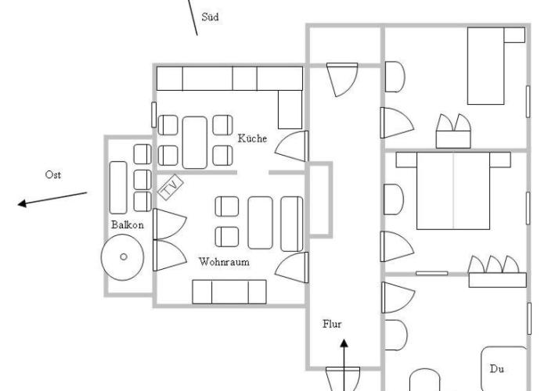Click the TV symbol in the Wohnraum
pos(170,187)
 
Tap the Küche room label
pos(252,138)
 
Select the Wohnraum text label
pos(224,262)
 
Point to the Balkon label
pos(128,225)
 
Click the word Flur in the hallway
pos(332,324)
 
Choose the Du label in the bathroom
pos(496,368)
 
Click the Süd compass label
pos(210,16)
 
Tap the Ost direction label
pos(52,174)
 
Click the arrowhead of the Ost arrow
pos(22,203)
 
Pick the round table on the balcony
pos(122,257)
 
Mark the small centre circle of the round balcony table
pos(124,257)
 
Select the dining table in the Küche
pos(195,142)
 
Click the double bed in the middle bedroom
pos(453,191)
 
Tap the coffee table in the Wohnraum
pos(261,223)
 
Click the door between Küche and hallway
pos(292,146)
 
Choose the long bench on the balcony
pos(118,188)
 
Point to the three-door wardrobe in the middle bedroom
pos(497,271)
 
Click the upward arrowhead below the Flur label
pos(344,343)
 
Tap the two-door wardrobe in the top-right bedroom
pos(453,131)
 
